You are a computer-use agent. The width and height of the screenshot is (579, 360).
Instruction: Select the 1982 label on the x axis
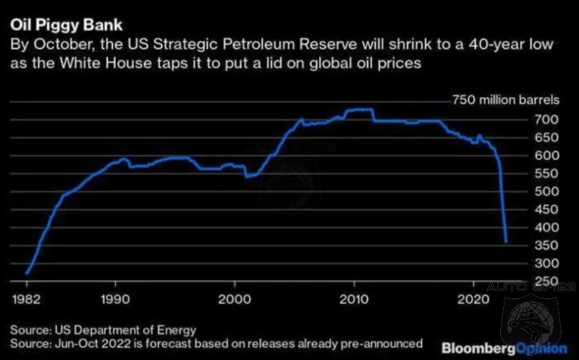[25, 299]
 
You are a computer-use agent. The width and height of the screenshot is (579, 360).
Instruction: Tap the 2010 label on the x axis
[354, 299]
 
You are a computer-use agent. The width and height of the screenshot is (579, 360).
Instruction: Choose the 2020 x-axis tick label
[472, 299]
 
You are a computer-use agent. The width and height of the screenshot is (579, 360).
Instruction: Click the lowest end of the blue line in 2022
[506, 242]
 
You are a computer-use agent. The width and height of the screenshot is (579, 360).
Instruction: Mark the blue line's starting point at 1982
[26, 274]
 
